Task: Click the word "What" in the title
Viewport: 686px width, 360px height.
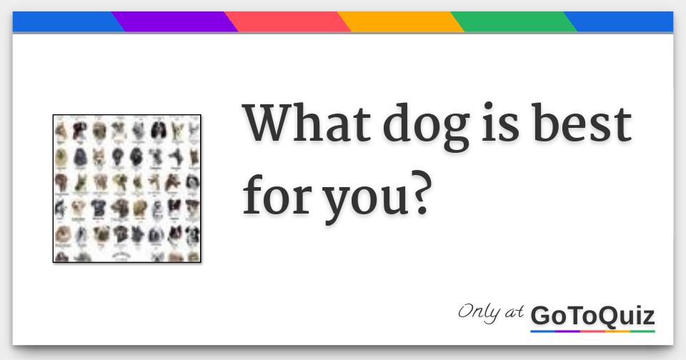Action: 306,124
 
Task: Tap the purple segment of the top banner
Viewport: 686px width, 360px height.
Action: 175,22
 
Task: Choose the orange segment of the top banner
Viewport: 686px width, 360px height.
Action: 401,22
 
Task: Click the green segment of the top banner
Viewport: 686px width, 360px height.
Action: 514,22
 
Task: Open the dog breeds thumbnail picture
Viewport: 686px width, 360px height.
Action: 127,189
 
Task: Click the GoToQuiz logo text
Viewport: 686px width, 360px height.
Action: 592,315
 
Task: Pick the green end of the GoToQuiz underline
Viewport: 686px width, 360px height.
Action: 643,331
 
